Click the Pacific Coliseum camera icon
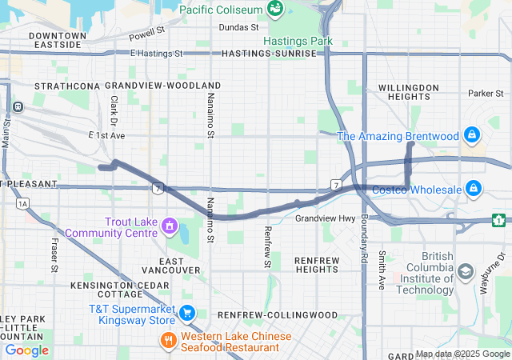[x=275, y=9]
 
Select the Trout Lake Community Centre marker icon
[x=170, y=226]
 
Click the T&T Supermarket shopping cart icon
[x=187, y=313]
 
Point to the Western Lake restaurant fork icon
[x=168, y=339]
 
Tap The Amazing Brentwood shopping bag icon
[x=473, y=135]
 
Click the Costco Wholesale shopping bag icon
[x=474, y=189]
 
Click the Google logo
[x=27, y=350]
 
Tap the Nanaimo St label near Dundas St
[x=211, y=114]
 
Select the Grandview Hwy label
[x=325, y=218]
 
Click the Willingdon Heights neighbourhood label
[x=408, y=91]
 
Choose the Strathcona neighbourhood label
[x=67, y=85]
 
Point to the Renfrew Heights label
[x=317, y=266]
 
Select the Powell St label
[x=146, y=35]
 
